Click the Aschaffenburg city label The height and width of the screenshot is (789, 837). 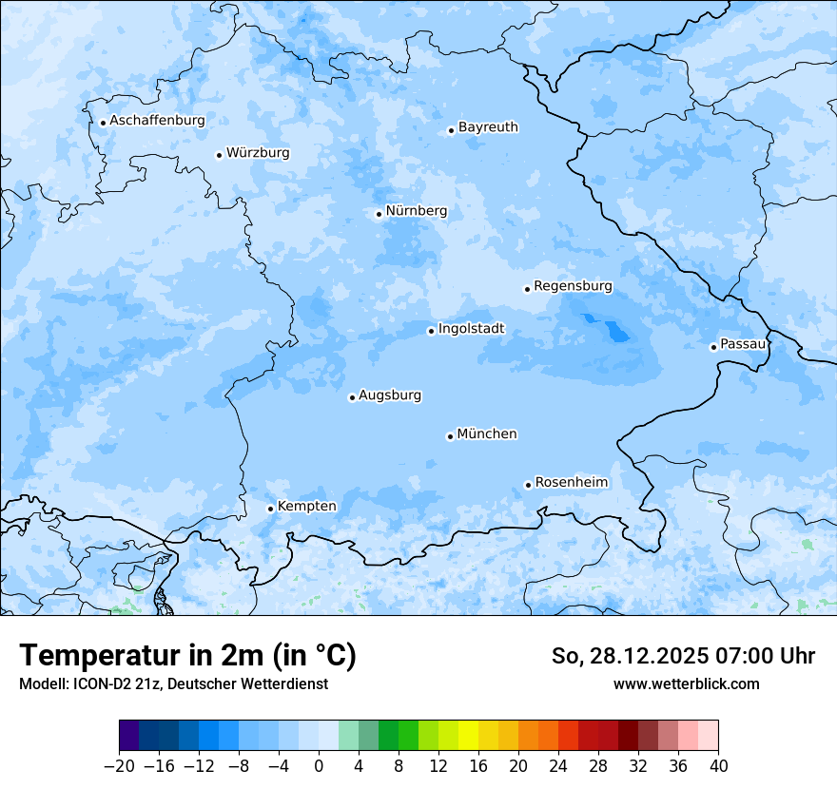point(157,121)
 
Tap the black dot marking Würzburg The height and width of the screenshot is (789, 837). point(219,155)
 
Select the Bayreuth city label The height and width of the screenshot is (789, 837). point(488,127)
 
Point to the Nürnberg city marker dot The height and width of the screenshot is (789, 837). point(379,214)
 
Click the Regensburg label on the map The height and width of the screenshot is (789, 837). point(573,286)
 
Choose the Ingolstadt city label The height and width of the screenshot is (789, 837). point(471,329)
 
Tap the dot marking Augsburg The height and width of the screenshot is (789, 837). point(352,397)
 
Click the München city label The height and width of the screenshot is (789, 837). point(487,434)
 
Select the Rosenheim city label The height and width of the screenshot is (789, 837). point(571,483)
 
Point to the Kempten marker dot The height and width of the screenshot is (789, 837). point(270,509)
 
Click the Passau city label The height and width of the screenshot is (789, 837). point(743,344)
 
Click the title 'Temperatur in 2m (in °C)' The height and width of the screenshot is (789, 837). point(187,656)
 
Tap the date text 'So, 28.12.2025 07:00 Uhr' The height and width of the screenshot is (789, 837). point(683,656)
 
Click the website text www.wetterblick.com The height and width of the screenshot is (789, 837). point(686,683)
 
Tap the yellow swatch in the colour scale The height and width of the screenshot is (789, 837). point(468,736)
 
